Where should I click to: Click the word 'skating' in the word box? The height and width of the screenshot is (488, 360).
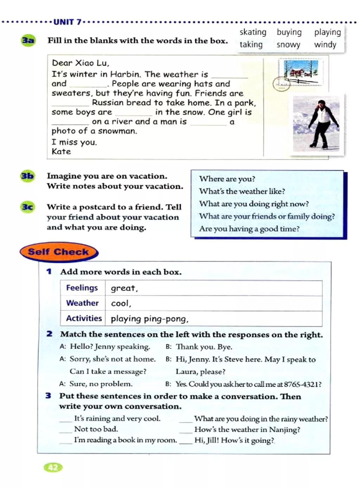coord(253,32)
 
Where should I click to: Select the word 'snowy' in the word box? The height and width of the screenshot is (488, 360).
coord(288,45)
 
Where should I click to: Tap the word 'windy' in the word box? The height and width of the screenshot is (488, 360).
coord(325,45)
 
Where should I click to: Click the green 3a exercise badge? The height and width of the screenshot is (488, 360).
coord(28,40)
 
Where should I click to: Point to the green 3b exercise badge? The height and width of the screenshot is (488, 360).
coord(27,176)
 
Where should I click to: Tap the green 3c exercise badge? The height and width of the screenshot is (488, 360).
coord(28,207)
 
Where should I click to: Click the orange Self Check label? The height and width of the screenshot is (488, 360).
coord(59,252)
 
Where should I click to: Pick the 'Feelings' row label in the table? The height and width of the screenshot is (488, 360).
coord(82,288)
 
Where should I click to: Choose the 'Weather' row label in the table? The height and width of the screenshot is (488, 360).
coord(82,303)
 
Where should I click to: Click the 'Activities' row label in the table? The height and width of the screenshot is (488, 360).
coord(84,318)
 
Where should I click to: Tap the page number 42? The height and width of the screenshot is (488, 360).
coord(53,467)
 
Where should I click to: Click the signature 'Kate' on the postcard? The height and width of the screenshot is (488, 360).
coord(61,152)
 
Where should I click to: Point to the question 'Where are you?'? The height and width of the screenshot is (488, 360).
coord(227,179)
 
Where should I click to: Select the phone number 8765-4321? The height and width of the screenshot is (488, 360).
coord(301,384)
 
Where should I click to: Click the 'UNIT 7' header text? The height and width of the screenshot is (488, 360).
coord(67,22)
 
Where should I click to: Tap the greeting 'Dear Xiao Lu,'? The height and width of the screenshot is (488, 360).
coord(81,63)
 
